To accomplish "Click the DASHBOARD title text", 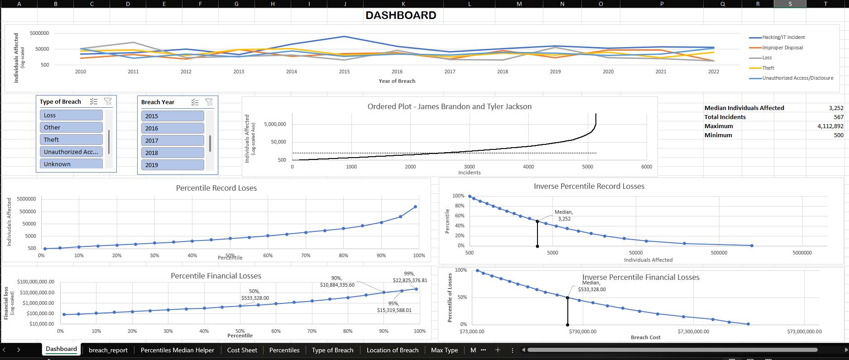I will [x=401, y=15].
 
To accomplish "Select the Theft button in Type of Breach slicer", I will [x=71, y=139].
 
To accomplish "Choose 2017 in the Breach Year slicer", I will [x=172, y=140].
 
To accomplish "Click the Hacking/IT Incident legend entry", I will [x=783, y=37].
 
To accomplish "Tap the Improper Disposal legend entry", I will [x=782, y=48].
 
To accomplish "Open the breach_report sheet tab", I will [x=108, y=350].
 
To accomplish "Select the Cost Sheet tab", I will [x=242, y=350].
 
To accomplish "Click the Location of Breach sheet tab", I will [x=392, y=350].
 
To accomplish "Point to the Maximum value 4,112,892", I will [x=830, y=126].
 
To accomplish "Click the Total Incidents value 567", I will [x=838, y=117].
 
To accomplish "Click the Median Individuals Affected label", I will [x=744, y=108].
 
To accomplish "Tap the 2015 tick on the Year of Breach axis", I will [x=344, y=72].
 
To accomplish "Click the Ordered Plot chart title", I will [x=449, y=106].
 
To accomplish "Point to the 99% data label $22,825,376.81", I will [x=409, y=277].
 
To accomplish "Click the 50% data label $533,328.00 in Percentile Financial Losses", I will [x=255, y=295].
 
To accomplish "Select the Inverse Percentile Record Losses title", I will [x=589, y=186].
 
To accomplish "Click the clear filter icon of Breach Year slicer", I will [x=209, y=102].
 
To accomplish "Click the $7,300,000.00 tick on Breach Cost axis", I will [x=693, y=331].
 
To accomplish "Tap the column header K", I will [x=403, y=4].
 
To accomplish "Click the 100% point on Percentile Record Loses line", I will [x=415, y=207].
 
